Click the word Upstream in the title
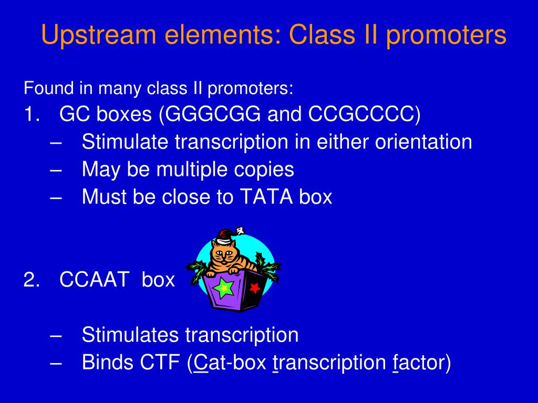[99, 35]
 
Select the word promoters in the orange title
[446, 35]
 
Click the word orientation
[423, 142]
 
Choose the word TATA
[266, 197]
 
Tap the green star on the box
[223, 288]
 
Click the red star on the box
[255, 288]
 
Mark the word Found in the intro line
[48, 88]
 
